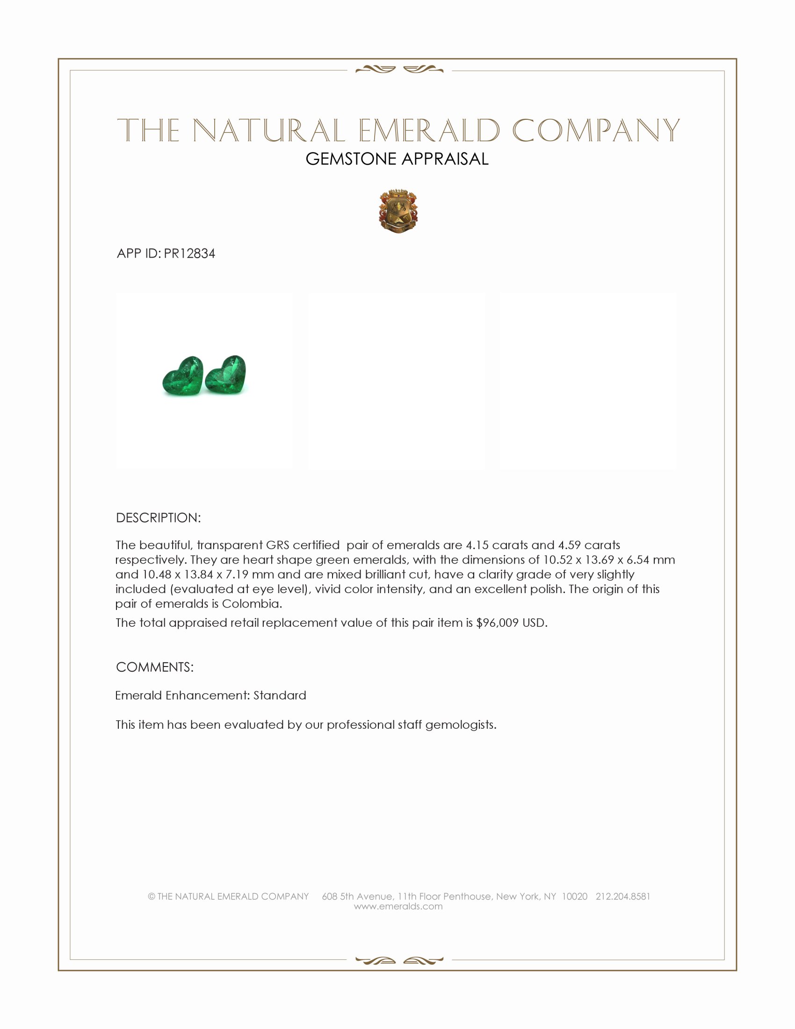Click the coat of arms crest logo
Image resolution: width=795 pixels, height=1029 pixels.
coord(398,211)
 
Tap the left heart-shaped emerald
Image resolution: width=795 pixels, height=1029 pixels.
coord(183,377)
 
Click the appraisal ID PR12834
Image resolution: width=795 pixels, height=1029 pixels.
coord(189,254)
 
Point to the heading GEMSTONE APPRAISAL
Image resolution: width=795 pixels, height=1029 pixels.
coord(397,159)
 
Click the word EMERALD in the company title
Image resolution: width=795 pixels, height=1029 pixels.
coord(428,130)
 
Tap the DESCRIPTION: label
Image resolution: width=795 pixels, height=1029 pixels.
coord(158,518)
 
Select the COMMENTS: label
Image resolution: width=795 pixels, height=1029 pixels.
coord(154,667)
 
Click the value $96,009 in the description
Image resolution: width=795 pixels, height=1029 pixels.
coord(498,623)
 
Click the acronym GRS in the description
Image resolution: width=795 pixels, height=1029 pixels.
coord(277,545)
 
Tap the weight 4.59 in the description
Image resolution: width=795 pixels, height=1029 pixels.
coord(570,545)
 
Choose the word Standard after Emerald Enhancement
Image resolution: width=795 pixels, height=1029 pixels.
coord(280,696)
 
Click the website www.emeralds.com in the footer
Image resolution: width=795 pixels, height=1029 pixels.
coord(398,906)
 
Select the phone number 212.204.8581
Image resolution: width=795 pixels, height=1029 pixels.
coord(622,896)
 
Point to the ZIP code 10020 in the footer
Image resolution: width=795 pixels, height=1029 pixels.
coord(575,896)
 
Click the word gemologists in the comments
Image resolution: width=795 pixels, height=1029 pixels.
coord(461,725)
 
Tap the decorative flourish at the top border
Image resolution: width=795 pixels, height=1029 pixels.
coord(399,70)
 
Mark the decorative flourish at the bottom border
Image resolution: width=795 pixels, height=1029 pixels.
coord(399,960)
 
